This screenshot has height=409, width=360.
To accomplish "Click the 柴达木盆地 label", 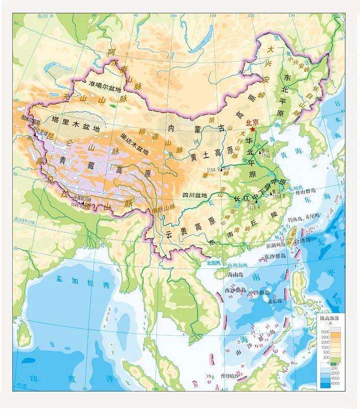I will click(x=133, y=144).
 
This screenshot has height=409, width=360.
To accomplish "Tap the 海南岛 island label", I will click(x=236, y=275).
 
